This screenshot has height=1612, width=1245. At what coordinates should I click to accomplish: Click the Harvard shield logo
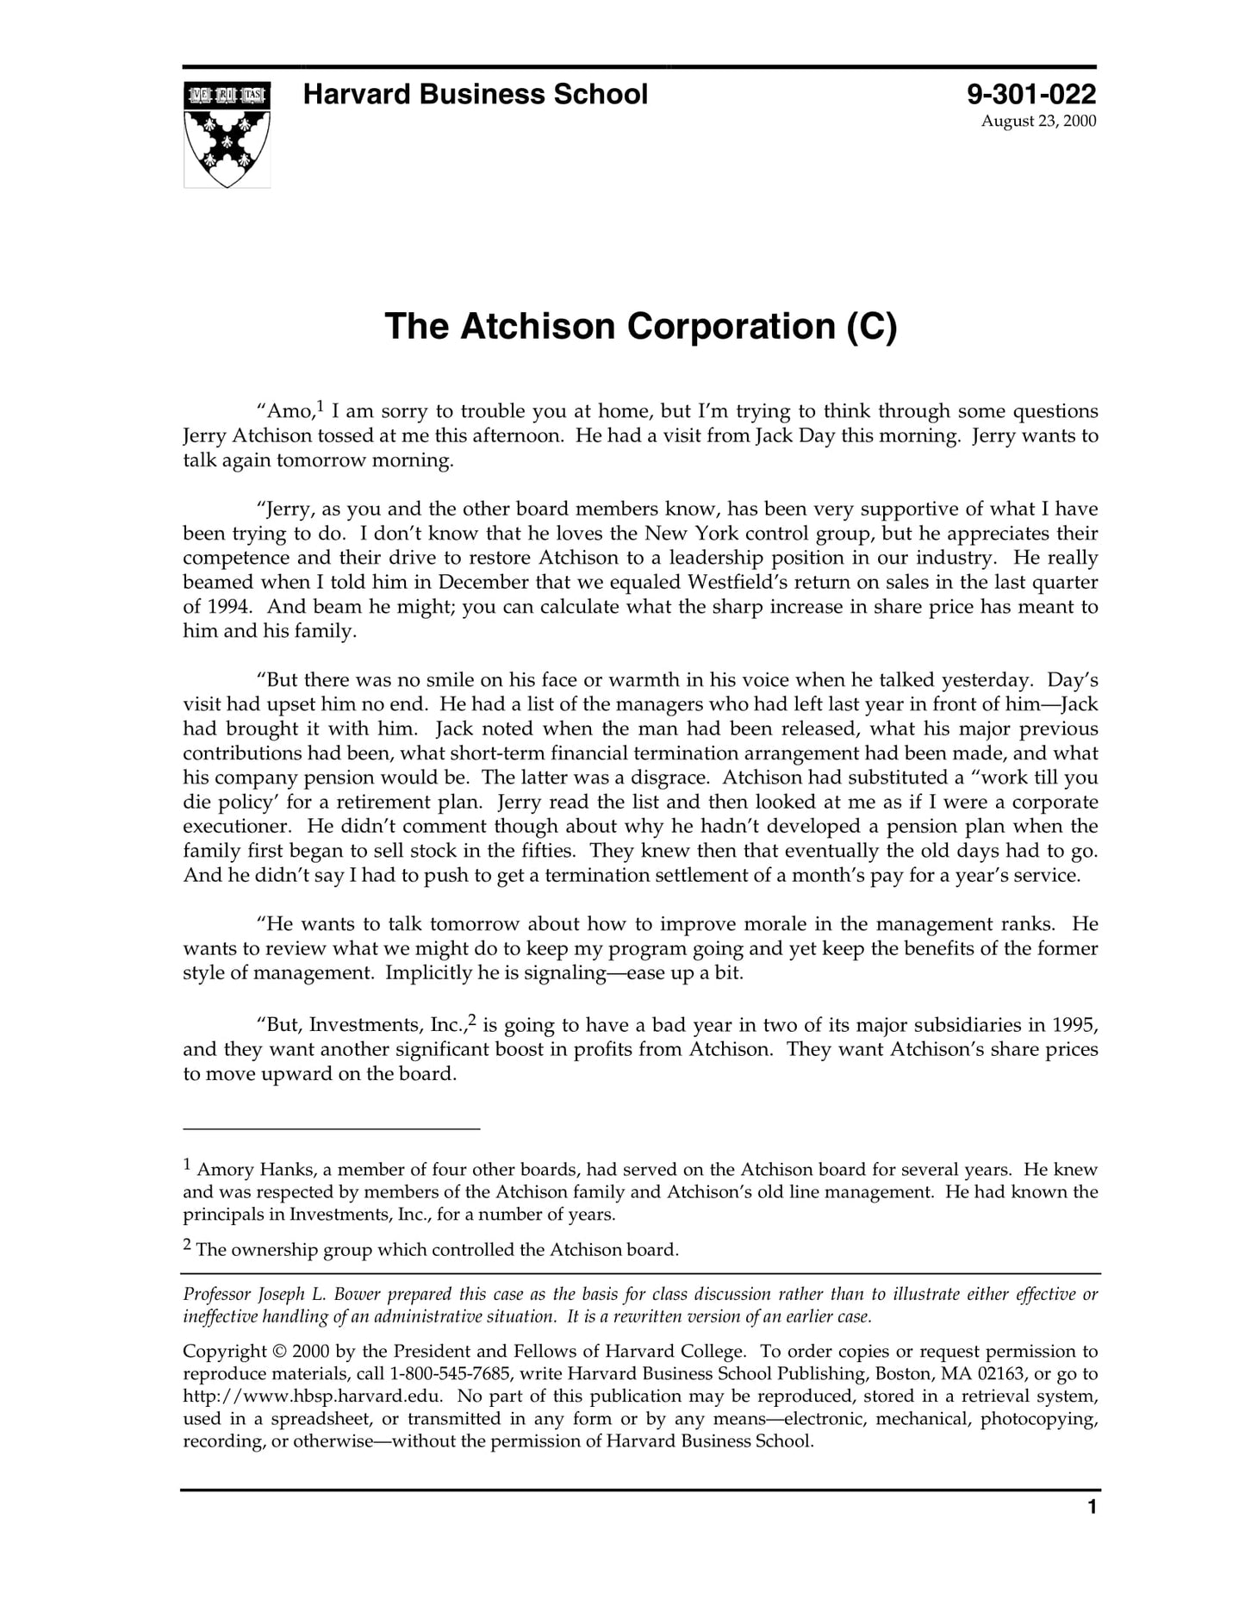click(227, 134)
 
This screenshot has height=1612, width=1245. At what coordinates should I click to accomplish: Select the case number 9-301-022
click(1030, 94)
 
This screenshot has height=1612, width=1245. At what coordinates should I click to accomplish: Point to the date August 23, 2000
click(1038, 121)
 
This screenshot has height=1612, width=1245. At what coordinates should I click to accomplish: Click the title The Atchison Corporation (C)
click(640, 327)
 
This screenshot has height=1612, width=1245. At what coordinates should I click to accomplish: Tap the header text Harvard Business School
click(475, 94)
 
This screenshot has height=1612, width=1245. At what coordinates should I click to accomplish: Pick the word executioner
click(239, 826)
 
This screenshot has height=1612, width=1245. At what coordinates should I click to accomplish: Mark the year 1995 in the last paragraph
click(1074, 1025)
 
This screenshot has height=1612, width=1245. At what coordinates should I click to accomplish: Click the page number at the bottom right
click(1092, 1507)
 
